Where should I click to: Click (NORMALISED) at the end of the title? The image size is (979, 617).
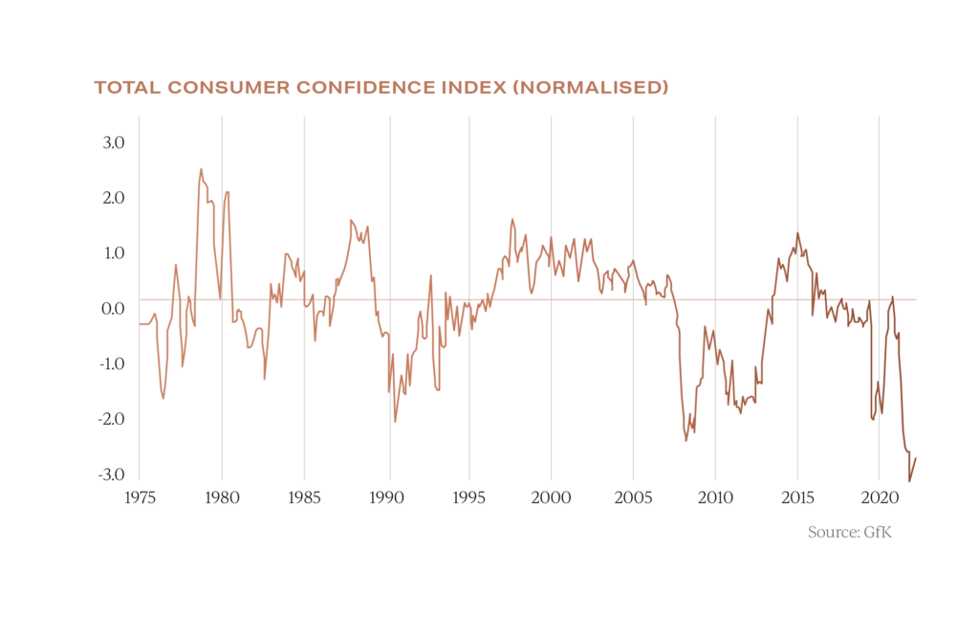(x=590, y=88)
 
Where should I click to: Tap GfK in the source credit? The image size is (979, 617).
(x=878, y=532)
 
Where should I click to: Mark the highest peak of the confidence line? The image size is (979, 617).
(x=201, y=168)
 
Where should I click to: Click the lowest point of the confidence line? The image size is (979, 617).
(x=909, y=481)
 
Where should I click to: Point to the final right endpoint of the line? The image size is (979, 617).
(x=917, y=457)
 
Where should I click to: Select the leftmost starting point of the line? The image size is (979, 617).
(x=140, y=324)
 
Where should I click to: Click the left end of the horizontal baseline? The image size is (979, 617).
(x=141, y=299)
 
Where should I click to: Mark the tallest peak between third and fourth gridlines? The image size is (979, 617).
(x=351, y=220)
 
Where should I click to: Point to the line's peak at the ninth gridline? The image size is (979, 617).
(x=797, y=233)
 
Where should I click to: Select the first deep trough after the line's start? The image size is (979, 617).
(x=163, y=398)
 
